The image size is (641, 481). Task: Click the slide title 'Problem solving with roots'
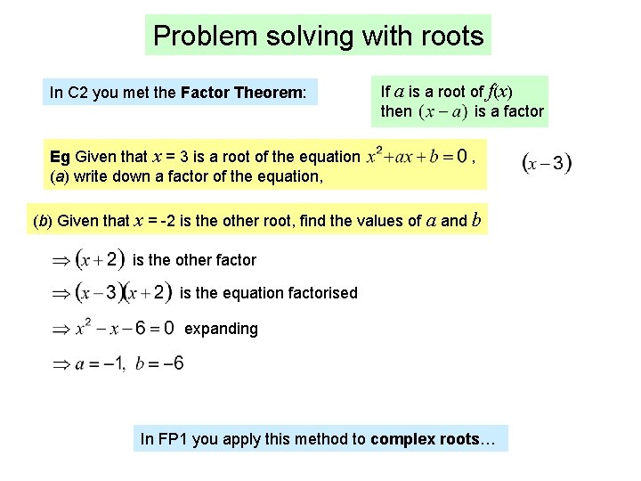click(318, 37)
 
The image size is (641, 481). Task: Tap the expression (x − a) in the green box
click(443, 113)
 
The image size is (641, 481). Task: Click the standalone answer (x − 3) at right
click(546, 164)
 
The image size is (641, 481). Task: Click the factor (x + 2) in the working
click(100, 259)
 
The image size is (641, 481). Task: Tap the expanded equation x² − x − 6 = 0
click(125, 328)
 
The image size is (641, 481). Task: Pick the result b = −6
click(161, 363)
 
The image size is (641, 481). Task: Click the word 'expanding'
click(221, 329)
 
